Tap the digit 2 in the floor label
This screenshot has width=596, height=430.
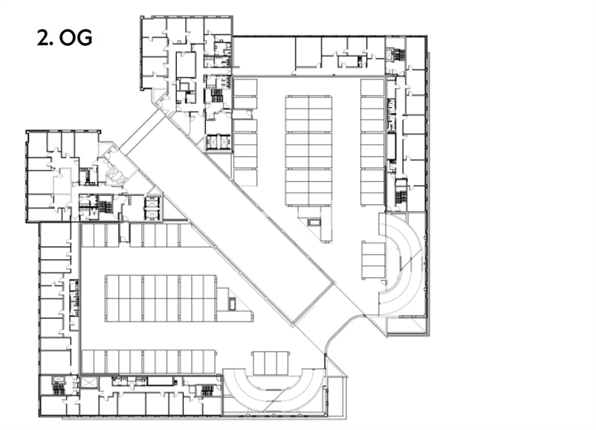point(45,39)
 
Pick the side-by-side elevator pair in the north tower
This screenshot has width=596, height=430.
point(218,142)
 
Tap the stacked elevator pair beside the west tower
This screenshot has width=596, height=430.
point(152,208)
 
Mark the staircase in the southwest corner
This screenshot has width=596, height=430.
point(58,387)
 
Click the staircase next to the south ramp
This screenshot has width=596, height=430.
point(207,390)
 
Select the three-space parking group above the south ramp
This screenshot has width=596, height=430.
point(270,362)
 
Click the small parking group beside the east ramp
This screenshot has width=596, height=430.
point(374,260)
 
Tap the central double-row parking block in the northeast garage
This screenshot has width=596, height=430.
point(308,151)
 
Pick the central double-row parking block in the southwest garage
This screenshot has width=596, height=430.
point(161,299)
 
